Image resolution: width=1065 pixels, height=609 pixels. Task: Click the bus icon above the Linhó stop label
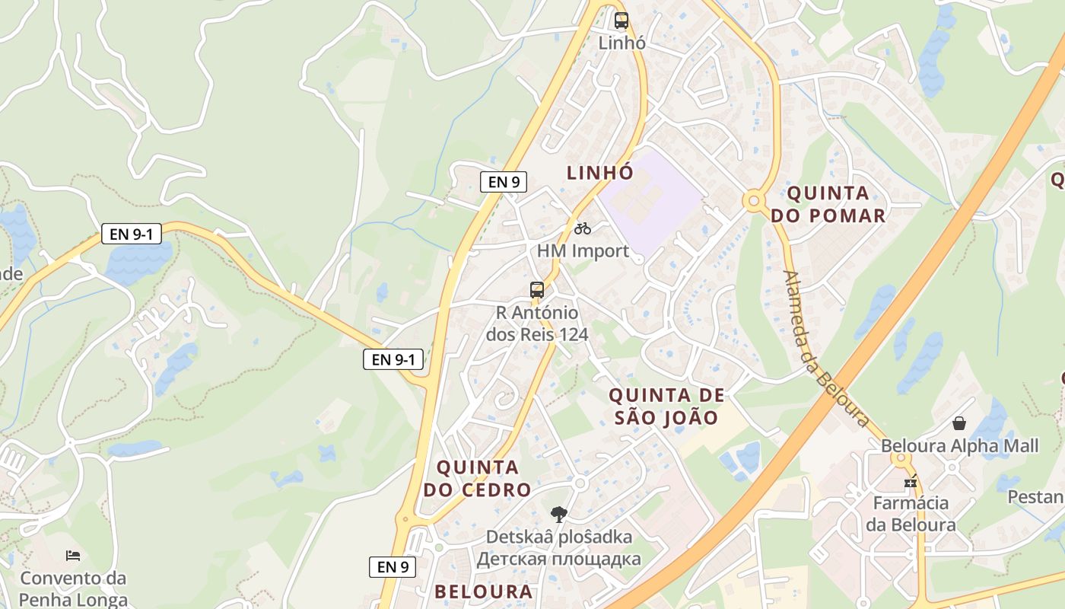(x=622, y=21)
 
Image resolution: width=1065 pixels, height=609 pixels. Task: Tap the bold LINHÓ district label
(x=600, y=173)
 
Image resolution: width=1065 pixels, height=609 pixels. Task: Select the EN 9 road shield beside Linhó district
(x=503, y=182)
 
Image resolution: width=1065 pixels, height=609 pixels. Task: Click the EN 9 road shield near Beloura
(x=393, y=566)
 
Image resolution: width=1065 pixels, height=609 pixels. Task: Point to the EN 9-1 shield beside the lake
(x=132, y=234)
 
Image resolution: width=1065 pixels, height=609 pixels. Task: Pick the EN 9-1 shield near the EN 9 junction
(x=393, y=359)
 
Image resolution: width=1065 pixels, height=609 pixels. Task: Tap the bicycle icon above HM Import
(x=583, y=228)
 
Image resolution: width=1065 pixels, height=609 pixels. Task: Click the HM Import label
(x=583, y=250)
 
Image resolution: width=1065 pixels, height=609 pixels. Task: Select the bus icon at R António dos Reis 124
(x=537, y=290)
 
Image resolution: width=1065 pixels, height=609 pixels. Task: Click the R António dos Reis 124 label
(x=537, y=324)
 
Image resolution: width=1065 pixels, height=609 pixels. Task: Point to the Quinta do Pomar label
(x=828, y=204)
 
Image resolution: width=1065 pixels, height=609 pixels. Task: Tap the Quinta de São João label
(x=666, y=406)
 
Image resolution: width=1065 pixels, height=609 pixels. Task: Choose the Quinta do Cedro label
(x=477, y=478)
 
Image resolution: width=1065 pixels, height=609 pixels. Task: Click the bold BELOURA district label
(x=483, y=591)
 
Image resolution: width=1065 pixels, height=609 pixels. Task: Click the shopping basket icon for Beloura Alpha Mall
(x=959, y=423)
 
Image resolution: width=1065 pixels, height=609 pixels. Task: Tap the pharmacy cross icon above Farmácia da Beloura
(x=911, y=482)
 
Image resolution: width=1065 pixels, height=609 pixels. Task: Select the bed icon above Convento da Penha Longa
(x=73, y=556)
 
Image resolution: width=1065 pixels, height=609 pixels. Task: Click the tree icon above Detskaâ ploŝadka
(x=559, y=515)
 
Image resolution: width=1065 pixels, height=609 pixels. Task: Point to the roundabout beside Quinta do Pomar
(x=754, y=202)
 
